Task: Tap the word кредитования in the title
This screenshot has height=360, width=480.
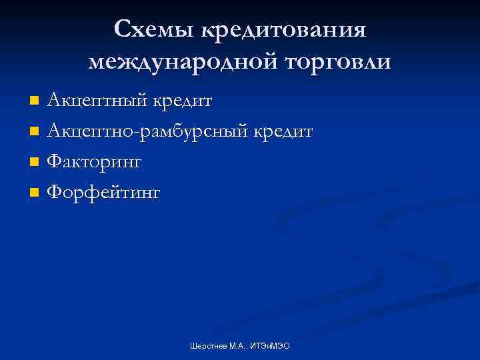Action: (x=283, y=29)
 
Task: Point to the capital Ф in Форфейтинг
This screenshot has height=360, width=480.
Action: (x=55, y=193)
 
